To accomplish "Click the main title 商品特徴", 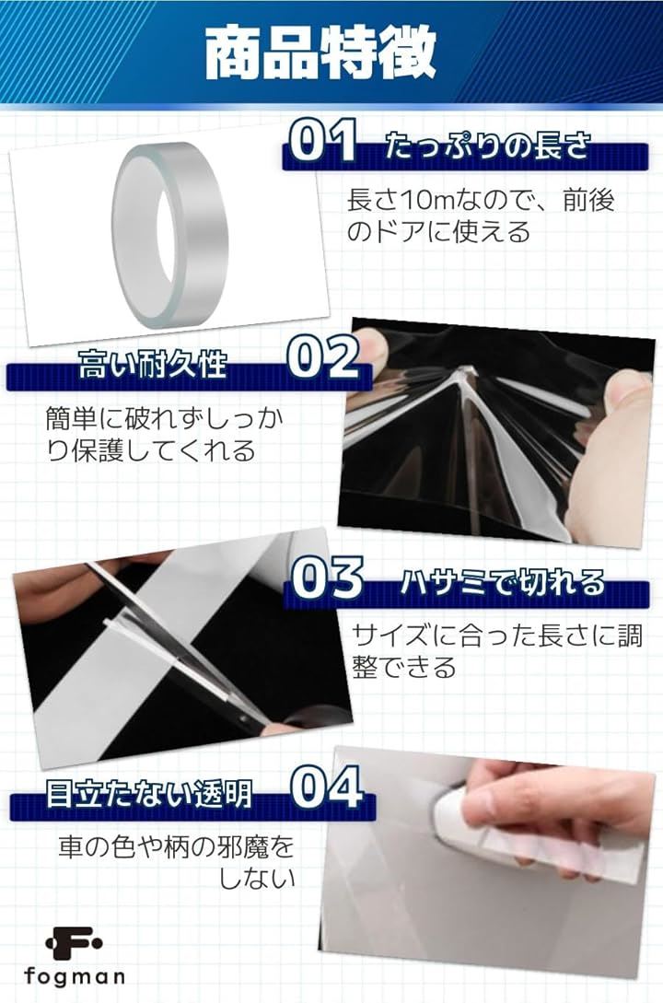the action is (320, 52).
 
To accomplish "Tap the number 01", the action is (323, 140).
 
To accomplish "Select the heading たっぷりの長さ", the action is (487, 147).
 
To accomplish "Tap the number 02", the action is (323, 357).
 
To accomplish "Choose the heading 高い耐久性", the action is (153, 365).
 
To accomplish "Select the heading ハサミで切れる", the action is (503, 583).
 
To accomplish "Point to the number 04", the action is (327, 788).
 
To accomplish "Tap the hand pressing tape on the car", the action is (543, 816).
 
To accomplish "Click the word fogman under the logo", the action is (75, 976).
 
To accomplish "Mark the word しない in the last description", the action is (258, 879).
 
